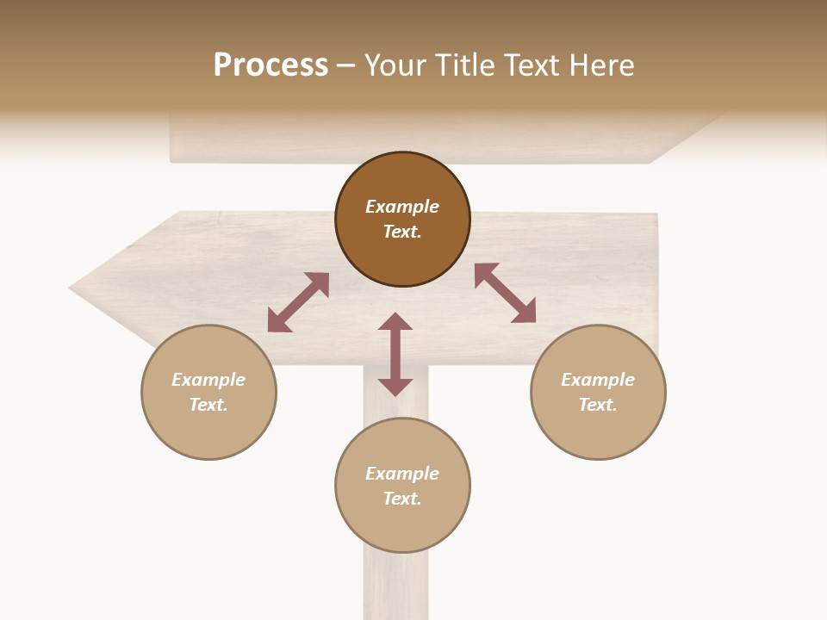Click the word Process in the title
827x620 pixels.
270,65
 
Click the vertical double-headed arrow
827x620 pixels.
395,355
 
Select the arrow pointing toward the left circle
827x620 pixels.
298,302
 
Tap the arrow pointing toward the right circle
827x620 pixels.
506,293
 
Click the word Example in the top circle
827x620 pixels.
402,207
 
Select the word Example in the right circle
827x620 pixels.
598,380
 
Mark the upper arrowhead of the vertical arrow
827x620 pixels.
395,322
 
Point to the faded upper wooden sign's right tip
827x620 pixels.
719,116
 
